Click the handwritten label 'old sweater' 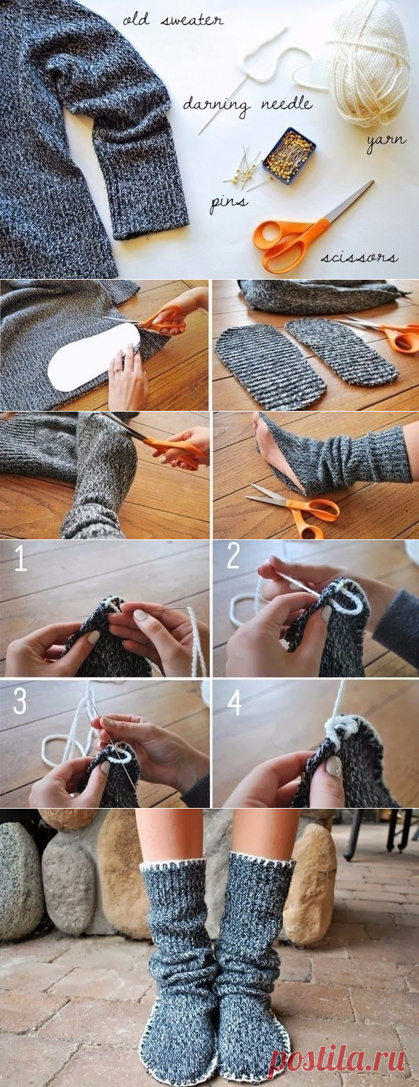173,21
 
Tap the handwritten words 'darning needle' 248,104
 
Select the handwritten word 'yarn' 386,140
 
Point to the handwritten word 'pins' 228,203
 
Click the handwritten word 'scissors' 359,258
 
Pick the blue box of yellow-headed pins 289,155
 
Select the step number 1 20,559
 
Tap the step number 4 234,703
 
